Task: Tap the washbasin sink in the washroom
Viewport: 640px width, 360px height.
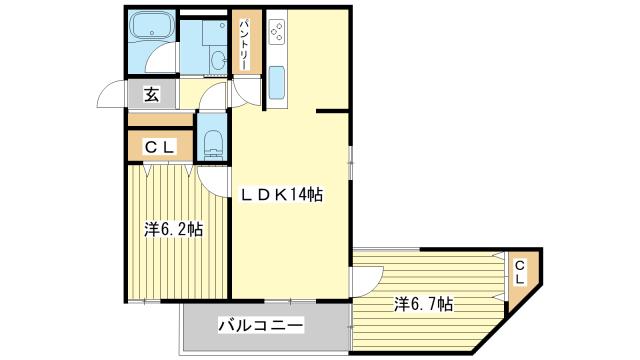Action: coord(218,61)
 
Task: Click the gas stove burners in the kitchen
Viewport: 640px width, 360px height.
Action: coord(277,31)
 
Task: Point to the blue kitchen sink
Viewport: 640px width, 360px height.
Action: coord(277,82)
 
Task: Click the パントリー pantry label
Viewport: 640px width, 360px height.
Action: coord(243,44)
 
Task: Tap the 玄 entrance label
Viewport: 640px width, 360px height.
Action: coord(151,94)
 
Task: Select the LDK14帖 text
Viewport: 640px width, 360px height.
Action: coord(281,195)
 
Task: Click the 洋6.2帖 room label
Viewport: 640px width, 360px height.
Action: coord(174,229)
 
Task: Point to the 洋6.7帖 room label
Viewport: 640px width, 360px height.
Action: coord(424,304)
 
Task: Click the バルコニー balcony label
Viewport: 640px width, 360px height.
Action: coord(261,325)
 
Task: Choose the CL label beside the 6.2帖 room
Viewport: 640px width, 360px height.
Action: coord(160,147)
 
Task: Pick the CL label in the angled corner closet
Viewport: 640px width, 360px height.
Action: coord(520,273)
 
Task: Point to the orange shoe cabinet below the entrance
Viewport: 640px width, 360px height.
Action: coord(160,120)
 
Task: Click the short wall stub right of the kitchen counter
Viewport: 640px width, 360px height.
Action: coord(332,111)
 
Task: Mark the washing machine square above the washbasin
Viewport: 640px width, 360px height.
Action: coord(215,33)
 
